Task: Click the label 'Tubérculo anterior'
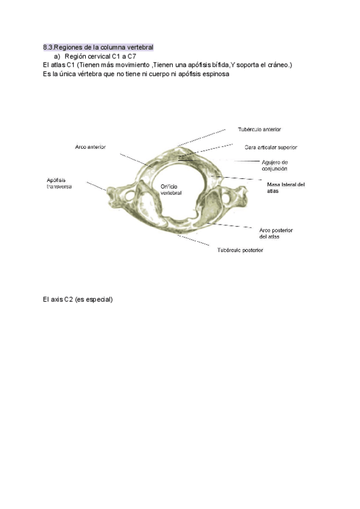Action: tap(259, 129)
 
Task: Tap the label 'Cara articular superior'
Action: tap(271, 147)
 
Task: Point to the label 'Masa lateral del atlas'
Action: tap(286, 187)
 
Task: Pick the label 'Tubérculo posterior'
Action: tap(240, 250)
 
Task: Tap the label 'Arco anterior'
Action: tap(91, 147)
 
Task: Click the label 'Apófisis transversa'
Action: tap(59, 183)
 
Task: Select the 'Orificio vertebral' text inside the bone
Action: tap(171, 190)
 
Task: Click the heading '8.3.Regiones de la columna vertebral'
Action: tap(98, 47)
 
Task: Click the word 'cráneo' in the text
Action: tap(277, 64)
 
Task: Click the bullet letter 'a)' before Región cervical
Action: tap(58, 56)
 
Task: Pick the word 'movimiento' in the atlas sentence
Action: tap(131, 64)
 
